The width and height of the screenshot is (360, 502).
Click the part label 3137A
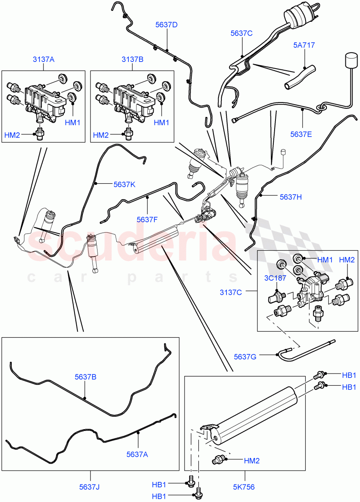coord(44,59)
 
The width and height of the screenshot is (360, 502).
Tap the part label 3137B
coord(132,59)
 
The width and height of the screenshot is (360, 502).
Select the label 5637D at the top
coord(166,25)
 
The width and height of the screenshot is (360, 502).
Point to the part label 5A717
coord(304,45)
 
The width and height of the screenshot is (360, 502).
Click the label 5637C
coord(241,33)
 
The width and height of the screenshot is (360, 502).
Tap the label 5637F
coord(148,219)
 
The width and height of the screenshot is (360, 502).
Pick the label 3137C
coord(231,292)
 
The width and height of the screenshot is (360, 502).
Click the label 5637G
coord(246,356)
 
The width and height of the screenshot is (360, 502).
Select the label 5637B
coord(85,377)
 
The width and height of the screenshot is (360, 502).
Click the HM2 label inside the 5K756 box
coord(252,461)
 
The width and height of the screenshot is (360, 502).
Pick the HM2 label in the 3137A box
coord(12,135)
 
